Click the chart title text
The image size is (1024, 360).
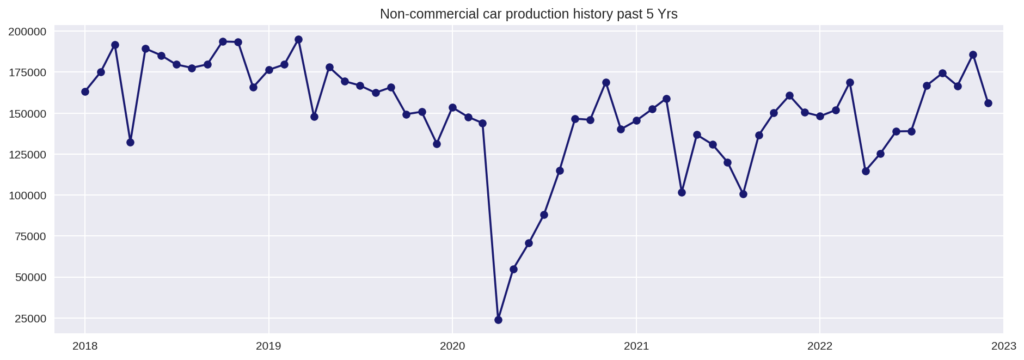click(x=528, y=14)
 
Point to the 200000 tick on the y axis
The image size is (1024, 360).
click(x=27, y=32)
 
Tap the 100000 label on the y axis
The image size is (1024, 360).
click(x=27, y=196)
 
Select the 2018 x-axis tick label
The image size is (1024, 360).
click(x=84, y=346)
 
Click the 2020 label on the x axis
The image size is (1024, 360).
click(x=452, y=346)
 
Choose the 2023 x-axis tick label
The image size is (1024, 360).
click(x=1003, y=346)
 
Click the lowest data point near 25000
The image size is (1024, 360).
click(x=498, y=320)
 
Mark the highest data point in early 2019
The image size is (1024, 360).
click(x=298, y=39)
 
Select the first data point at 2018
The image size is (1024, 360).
click(x=85, y=91)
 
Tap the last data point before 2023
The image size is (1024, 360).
click(x=988, y=103)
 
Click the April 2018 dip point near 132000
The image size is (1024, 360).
click(x=130, y=142)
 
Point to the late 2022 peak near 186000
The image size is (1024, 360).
click(x=973, y=54)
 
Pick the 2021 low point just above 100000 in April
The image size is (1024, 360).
click(x=682, y=192)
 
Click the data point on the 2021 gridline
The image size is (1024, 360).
click(x=636, y=120)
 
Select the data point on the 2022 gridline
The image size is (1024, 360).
click(x=820, y=116)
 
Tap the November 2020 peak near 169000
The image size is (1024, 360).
click(x=606, y=82)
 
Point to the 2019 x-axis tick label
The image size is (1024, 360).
click(x=268, y=346)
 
